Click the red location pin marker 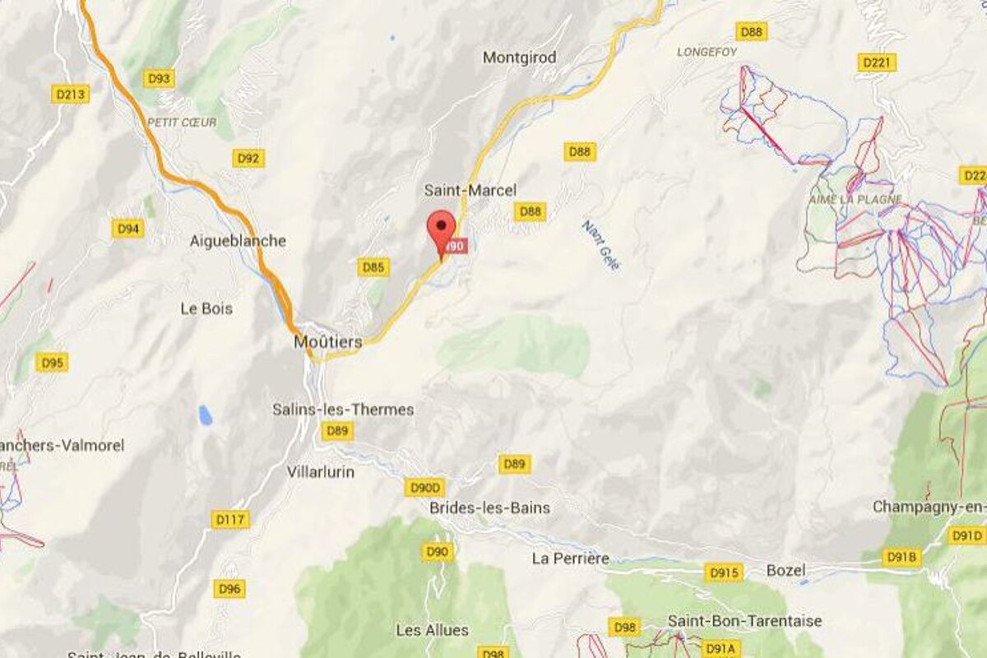pos(443,226)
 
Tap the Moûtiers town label pos(328,341)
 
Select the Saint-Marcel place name pos(470,190)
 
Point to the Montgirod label pos(520,58)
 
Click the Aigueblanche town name pos(238,241)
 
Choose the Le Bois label pos(206,308)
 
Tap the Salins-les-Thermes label pos(343,409)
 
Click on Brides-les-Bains pos(489,507)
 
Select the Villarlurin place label pos(321,472)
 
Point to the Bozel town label pos(787,570)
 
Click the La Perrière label pos(570,558)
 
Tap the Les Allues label pos(433,630)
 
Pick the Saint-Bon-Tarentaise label pos(744,621)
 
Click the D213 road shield pos(70,95)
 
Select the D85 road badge pos(373,267)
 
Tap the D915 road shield pos(723,572)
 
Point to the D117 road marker pos(229,520)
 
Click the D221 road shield pos(876,63)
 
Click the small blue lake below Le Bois pos(205,415)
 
